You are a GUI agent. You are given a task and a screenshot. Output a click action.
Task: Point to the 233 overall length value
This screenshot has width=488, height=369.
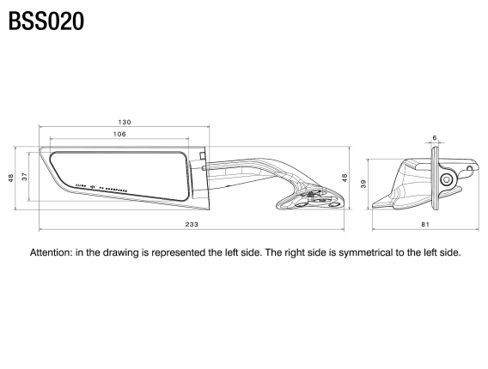tap(191, 224)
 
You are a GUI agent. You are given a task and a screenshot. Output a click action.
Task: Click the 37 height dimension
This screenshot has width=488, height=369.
tap(25, 177)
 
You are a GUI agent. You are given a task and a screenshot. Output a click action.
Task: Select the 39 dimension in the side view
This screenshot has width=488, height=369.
tap(363, 184)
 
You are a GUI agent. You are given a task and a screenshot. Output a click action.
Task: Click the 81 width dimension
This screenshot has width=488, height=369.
tap(425, 224)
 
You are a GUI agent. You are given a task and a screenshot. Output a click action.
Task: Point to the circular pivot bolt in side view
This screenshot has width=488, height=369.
tap(446, 179)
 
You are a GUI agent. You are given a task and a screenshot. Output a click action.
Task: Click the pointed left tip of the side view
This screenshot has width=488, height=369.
tap(375, 207)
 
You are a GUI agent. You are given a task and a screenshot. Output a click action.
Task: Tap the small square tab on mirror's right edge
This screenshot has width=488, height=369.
tap(202, 156)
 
